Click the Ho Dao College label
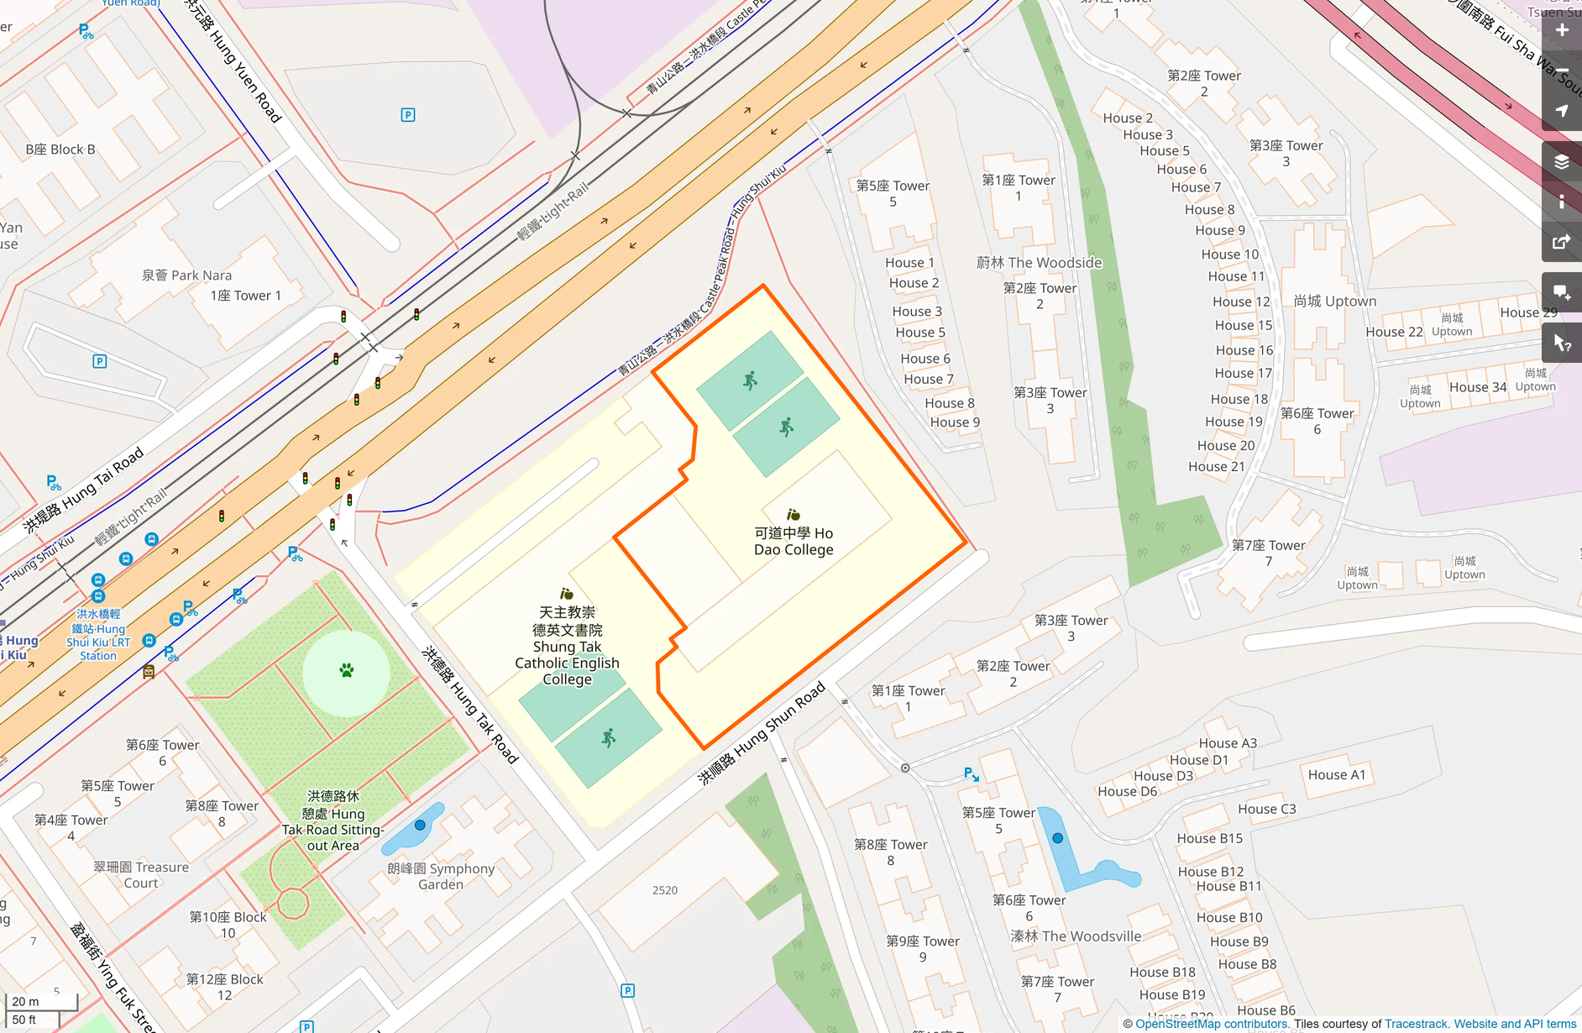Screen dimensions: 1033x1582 (794, 542)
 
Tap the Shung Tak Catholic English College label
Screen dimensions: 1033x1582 (567, 646)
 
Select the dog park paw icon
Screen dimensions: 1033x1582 (347, 670)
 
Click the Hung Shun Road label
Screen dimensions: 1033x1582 (762, 732)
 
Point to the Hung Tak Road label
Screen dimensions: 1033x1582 (470, 704)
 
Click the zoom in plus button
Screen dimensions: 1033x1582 (1561, 30)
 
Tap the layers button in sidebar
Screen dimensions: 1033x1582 (1561, 161)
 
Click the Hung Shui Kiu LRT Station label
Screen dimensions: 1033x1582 (98, 635)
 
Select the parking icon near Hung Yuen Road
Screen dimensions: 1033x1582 (408, 115)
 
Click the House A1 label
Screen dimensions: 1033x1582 (1337, 774)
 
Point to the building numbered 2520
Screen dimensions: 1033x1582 (665, 890)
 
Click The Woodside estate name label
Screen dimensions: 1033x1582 (1039, 262)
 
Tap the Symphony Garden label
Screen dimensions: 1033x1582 (441, 876)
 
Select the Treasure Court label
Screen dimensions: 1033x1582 (141, 874)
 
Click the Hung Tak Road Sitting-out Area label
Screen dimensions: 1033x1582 (333, 821)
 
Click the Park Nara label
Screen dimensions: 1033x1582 (186, 275)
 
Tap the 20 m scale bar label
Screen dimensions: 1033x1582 (25, 1001)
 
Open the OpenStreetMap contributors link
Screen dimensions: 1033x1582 (1212, 1024)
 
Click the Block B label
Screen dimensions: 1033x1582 (60, 149)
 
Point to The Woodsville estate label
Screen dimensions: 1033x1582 (1076, 936)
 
